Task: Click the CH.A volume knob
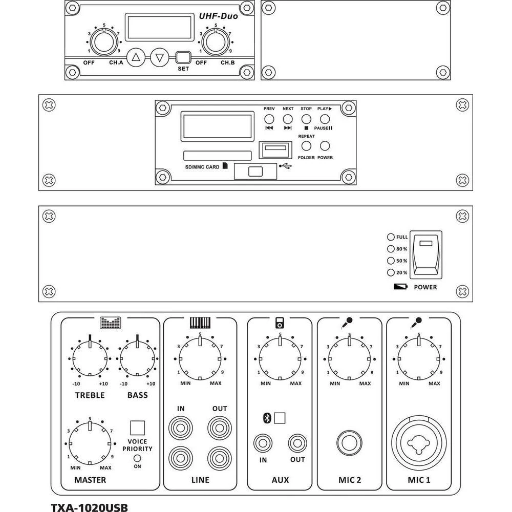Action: point(104,42)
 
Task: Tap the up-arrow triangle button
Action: point(136,57)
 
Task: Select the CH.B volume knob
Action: point(216,42)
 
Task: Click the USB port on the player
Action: point(275,150)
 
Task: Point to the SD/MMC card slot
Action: point(217,155)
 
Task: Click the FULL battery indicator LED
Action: point(391,237)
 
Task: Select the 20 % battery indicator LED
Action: point(391,272)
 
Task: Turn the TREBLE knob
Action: point(90,358)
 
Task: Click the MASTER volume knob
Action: point(90,443)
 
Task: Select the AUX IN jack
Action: point(263,442)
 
